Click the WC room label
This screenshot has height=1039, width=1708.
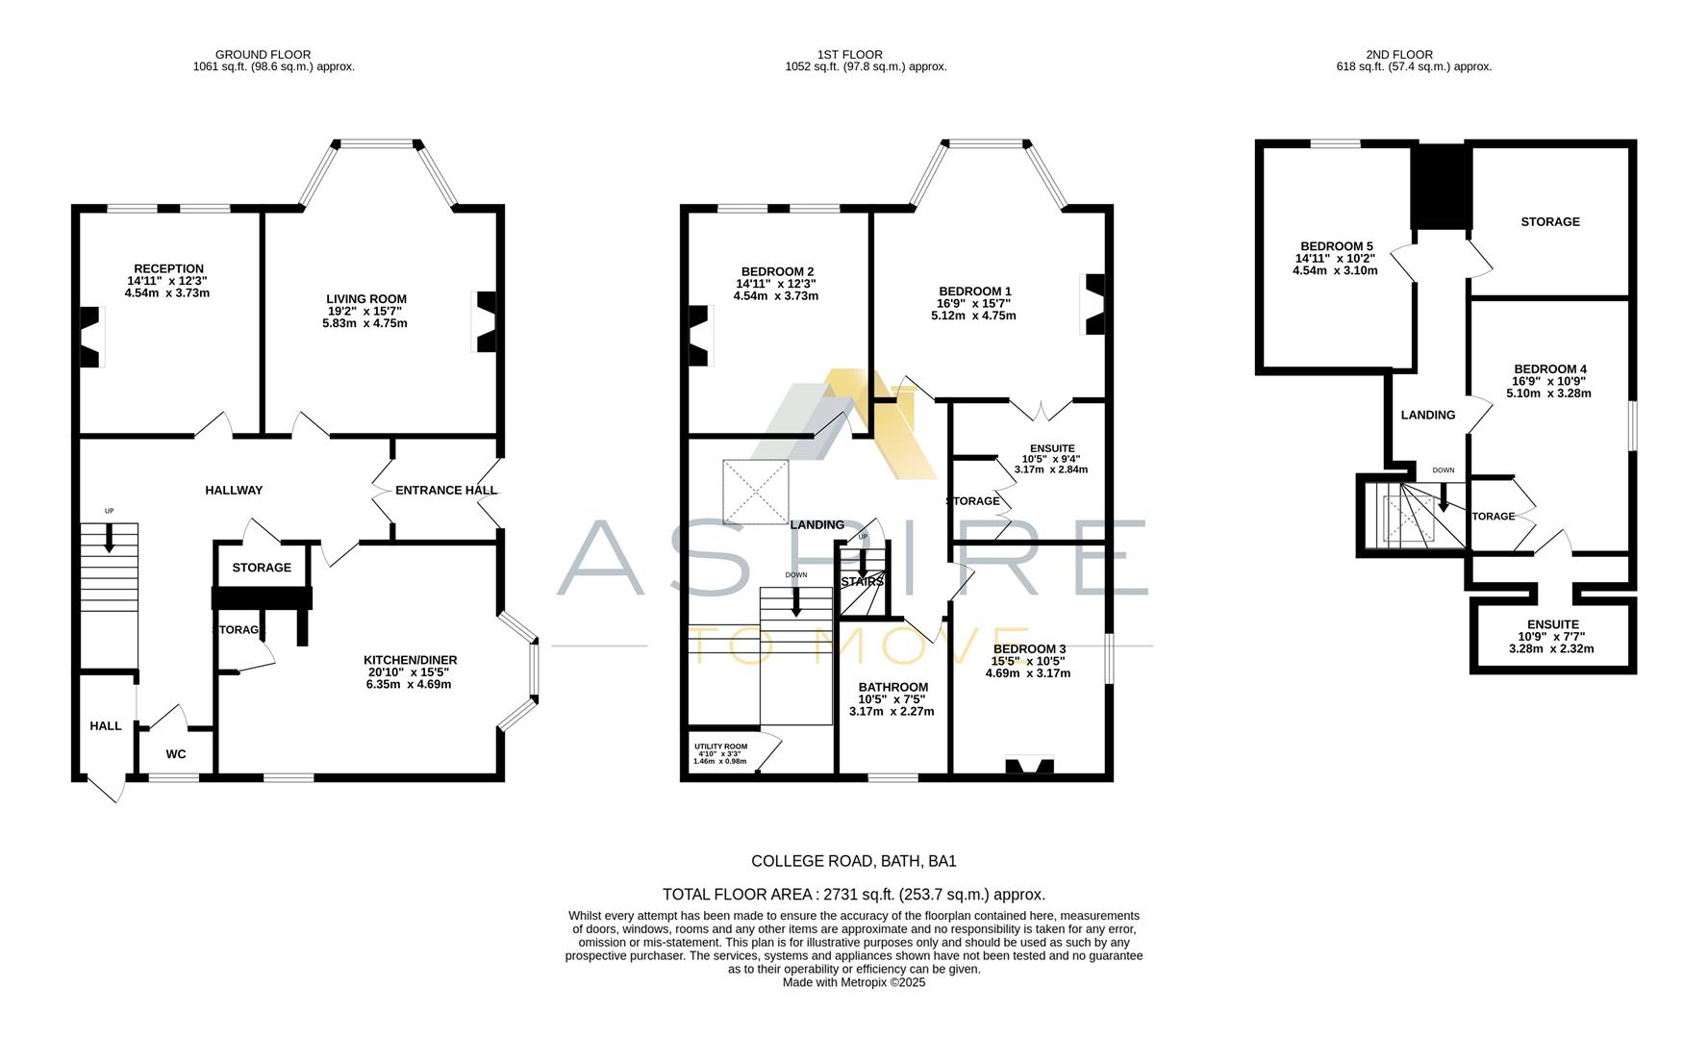coord(175,754)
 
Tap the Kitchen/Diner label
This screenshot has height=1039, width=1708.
coord(410,660)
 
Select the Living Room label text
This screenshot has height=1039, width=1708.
coord(365,299)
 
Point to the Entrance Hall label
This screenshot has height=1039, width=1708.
coord(446,491)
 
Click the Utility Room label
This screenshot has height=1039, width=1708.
coord(720,747)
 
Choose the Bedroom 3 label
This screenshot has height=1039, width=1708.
coord(1029,649)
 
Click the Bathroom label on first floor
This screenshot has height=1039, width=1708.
coord(893,687)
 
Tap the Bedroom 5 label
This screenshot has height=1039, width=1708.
coord(1336,246)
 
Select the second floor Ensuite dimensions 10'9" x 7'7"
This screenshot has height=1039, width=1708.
coord(1551,637)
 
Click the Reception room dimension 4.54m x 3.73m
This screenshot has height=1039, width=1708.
coord(167,293)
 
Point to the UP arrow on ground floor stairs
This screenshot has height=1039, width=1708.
coord(109,537)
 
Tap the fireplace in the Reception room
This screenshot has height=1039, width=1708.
coord(89,337)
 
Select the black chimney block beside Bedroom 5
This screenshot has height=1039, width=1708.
coord(1440,187)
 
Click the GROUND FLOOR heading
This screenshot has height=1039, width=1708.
coord(263,55)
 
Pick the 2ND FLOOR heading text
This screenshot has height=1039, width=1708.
coord(1412,55)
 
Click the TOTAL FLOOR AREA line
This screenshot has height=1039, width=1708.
coord(853,895)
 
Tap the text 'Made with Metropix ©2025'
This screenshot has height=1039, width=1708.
coord(853,983)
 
